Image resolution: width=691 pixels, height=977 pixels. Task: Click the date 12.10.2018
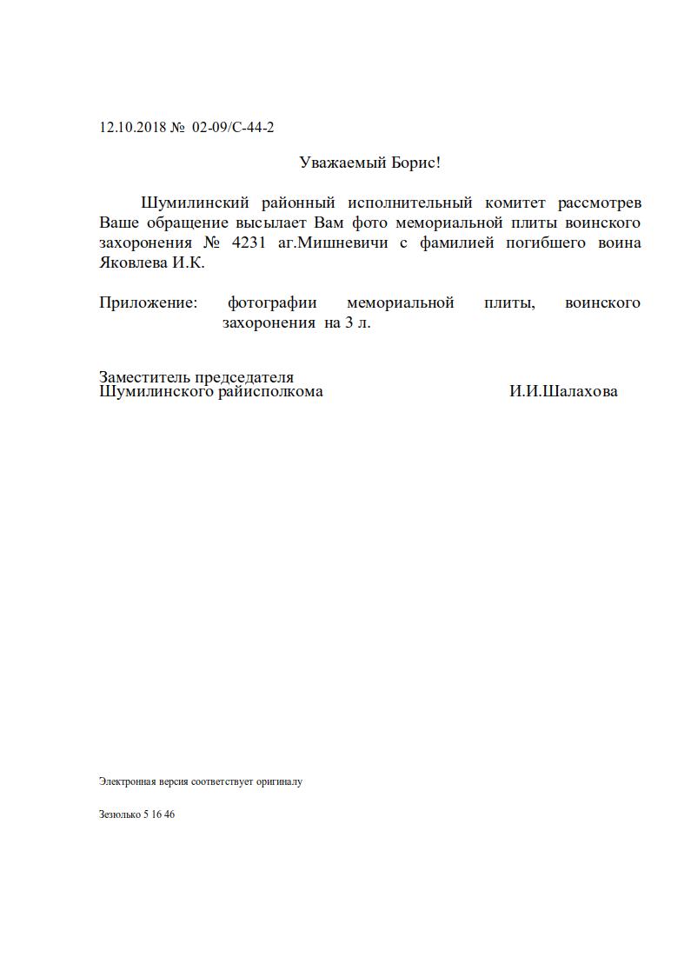point(133,128)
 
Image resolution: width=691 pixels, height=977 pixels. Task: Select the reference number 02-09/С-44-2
point(233,128)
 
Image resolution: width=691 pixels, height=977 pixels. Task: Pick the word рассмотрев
point(601,203)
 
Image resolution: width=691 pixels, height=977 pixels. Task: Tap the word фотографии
point(272,303)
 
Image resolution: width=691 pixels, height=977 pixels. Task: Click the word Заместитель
point(143,377)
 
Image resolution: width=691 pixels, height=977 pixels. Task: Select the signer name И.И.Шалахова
point(563,391)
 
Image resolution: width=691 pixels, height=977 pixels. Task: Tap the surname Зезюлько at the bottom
point(119,815)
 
